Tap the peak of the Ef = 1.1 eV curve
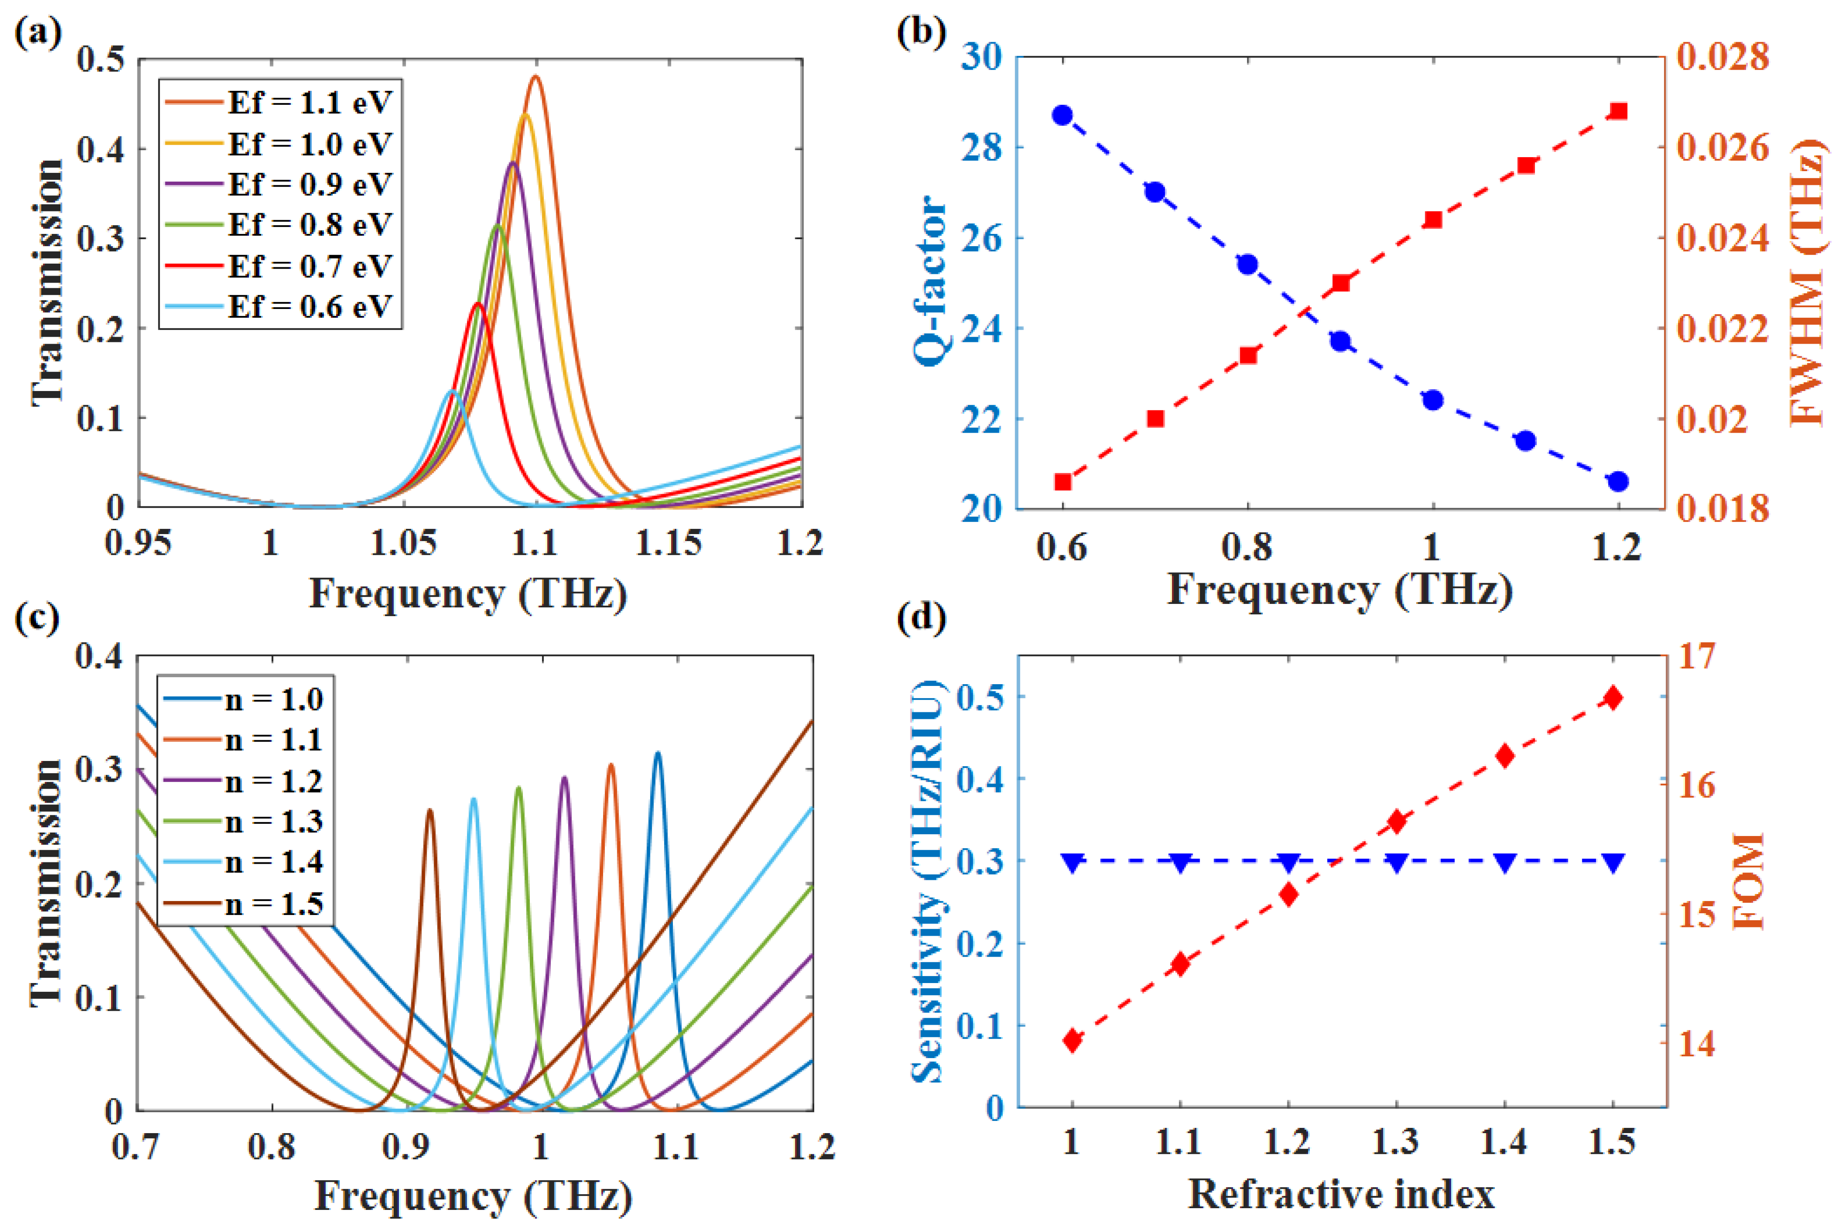coord(535,76)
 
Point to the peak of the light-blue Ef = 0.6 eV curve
coord(451,390)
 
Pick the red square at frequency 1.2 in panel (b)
coord(1618,111)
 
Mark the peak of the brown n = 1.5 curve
coord(429,809)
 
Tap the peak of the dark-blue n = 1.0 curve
coord(658,753)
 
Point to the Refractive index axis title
coord(1341,1194)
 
